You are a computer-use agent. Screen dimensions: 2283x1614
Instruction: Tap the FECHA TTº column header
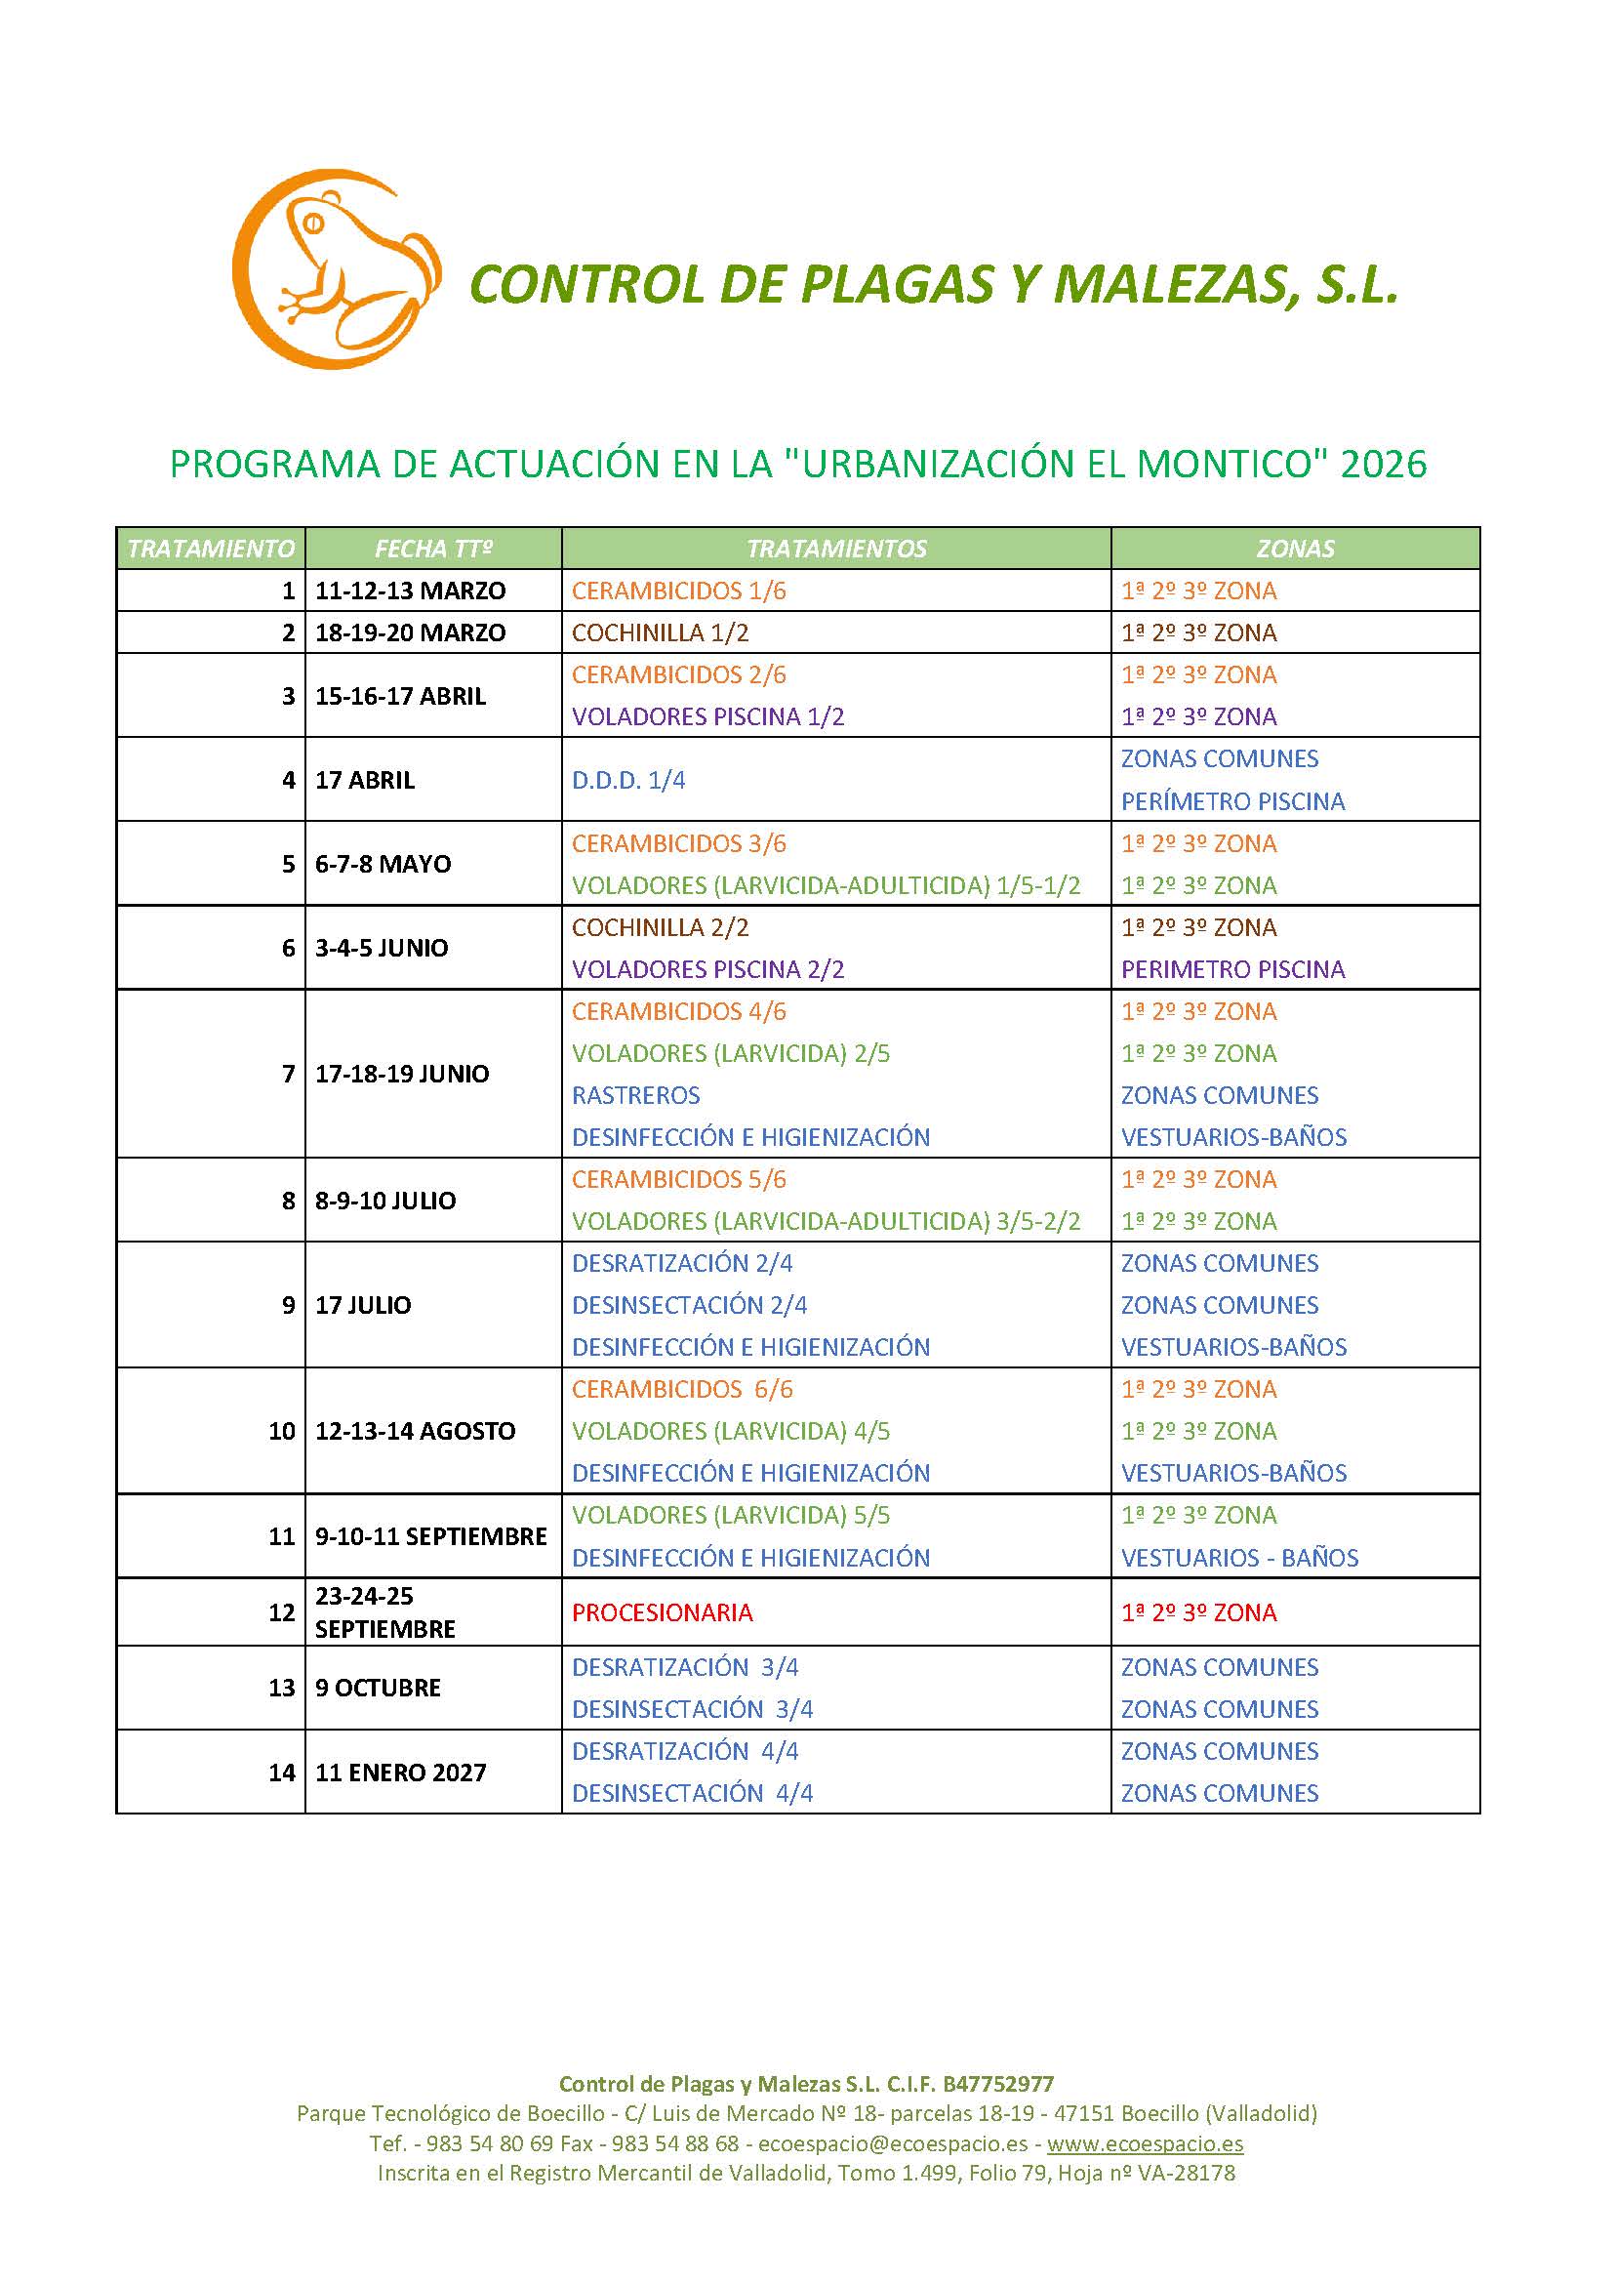[433, 549]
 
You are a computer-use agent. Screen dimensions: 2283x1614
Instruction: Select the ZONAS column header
[1295, 549]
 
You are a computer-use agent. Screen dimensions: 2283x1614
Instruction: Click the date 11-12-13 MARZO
[411, 591]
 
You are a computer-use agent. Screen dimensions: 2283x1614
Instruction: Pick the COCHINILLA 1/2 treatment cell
[660, 632]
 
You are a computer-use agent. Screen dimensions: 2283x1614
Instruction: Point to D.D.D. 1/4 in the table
[628, 780]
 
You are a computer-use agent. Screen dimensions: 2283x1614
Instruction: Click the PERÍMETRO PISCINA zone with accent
[1232, 801]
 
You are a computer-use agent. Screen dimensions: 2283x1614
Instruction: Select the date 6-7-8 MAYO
[383, 864]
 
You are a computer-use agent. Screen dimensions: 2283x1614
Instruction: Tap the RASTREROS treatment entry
[636, 1095]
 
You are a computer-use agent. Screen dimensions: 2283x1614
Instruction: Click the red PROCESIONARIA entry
[662, 1612]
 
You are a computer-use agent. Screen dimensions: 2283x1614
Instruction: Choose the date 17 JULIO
[363, 1305]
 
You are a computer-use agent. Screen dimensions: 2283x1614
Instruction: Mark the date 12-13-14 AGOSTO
[416, 1431]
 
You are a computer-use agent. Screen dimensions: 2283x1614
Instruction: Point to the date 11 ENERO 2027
[400, 1772]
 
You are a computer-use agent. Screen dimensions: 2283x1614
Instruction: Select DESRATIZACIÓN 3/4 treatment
[685, 1667]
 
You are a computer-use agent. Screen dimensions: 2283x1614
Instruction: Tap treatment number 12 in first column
[281, 1612]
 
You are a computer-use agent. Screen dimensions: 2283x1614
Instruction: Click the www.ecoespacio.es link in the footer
[1145, 2143]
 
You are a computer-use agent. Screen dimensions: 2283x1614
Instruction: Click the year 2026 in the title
[1384, 465]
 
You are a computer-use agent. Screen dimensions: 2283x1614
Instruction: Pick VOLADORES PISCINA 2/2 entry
[707, 969]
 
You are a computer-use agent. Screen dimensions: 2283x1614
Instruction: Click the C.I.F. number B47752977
[998, 2084]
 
